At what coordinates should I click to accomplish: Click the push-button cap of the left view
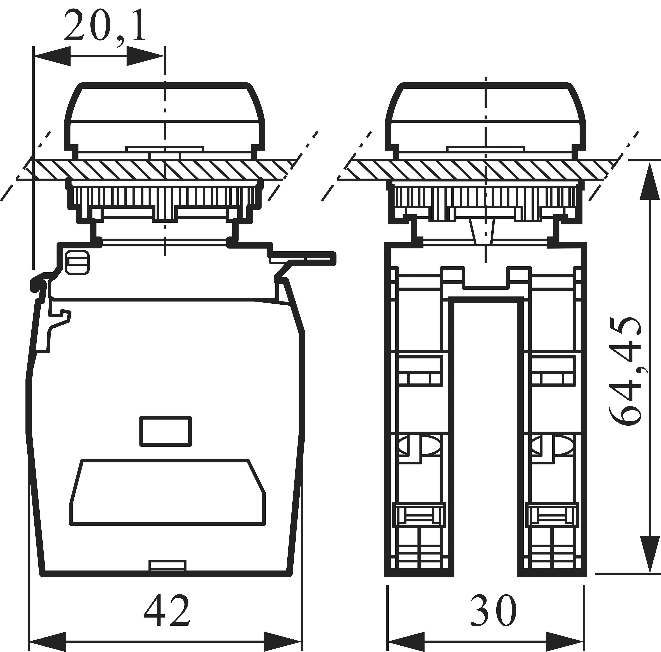coord(165,116)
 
